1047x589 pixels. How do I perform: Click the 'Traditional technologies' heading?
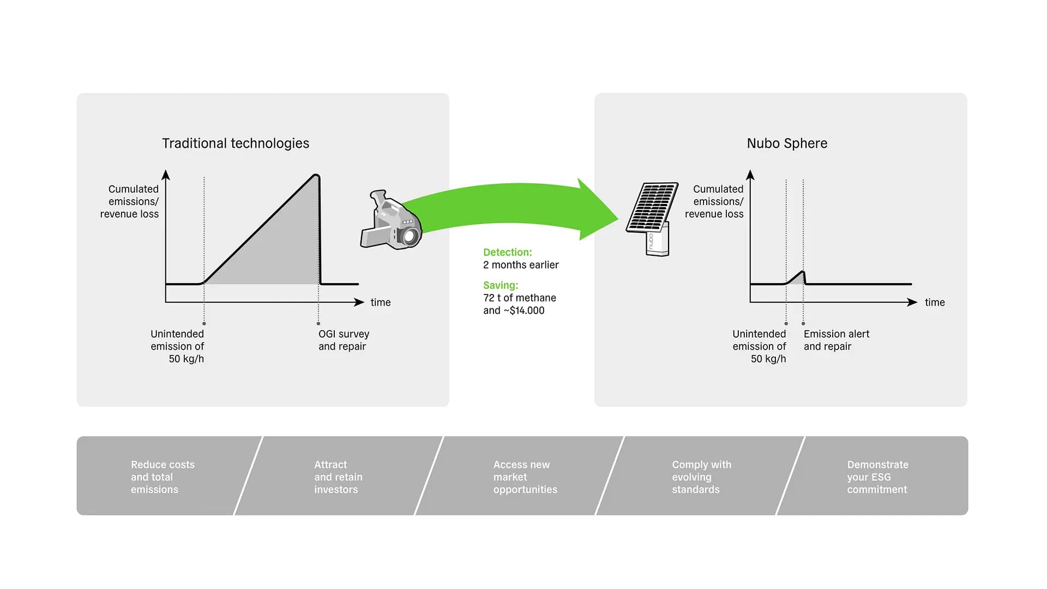point(236,143)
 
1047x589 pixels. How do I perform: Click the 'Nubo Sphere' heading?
point(787,143)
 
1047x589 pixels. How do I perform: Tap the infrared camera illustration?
point(391,220)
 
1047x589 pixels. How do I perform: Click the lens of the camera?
point(410,236)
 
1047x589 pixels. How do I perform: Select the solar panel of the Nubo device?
point(652,207)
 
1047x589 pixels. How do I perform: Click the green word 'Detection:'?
point(507,253)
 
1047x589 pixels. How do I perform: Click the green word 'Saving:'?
point(501,285)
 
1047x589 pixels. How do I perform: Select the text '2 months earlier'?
point(521,265)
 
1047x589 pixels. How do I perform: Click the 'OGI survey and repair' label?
point(344,340)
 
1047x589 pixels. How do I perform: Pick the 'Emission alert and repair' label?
point(836,340)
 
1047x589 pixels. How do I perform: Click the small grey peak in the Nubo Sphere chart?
point(798,278)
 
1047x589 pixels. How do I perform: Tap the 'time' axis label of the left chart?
point(381,303)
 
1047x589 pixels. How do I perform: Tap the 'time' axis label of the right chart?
point(935,303)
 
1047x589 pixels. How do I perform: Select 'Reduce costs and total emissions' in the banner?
point(163,477)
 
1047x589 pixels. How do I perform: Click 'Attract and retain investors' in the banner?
point(338,477)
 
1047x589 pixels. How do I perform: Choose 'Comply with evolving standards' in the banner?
point(701,477)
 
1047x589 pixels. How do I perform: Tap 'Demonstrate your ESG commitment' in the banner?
point(877,477)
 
